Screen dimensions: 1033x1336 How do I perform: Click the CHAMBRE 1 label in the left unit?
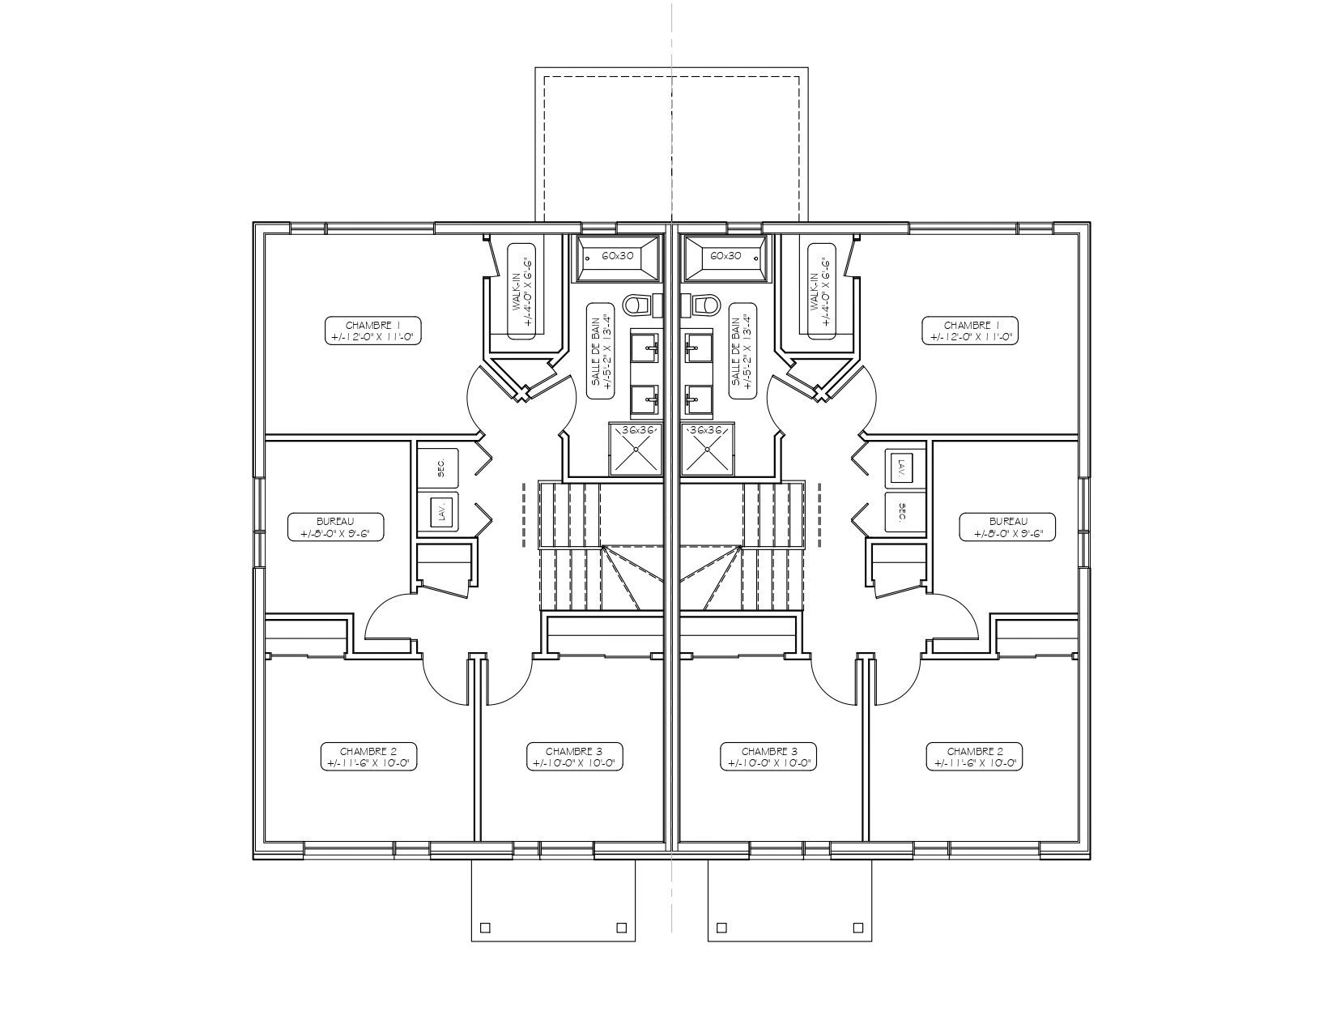pos(373,331)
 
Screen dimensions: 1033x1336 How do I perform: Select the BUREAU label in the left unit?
pos(335,527)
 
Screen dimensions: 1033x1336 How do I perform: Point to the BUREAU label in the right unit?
pos(1008,527)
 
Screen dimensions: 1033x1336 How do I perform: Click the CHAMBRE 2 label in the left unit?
pos(368,757)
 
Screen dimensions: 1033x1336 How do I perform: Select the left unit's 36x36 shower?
pos(636,448)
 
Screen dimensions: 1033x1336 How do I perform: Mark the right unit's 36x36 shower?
pos(707,448)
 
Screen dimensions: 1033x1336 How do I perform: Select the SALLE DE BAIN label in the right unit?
pos(742,352)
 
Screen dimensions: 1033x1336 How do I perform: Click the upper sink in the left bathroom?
pos(648,349)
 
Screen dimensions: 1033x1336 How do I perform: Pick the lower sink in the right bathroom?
pos(696,399)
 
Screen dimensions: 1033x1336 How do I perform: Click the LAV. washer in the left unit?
pos(440,512)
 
